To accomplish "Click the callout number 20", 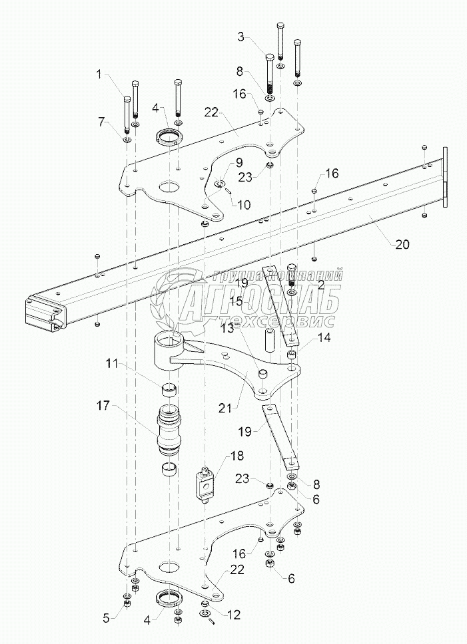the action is click(x=402, y=244).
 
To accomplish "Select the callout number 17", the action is click(x=103, y=406).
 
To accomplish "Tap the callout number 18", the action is click(x=236, y=455).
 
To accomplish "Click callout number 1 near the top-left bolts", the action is click(x=99, y=74).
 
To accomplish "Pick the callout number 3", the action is click(x=241, y=37).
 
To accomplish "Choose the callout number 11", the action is click(x=112, y=364).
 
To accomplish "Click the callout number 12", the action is click(x=233, y=615).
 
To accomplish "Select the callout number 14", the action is click(x=324, y=337).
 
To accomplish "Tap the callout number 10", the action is click(x=243, y=204).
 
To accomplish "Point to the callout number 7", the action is click(x=101, y=122).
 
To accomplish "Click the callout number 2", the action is click(x=321, y=283).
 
